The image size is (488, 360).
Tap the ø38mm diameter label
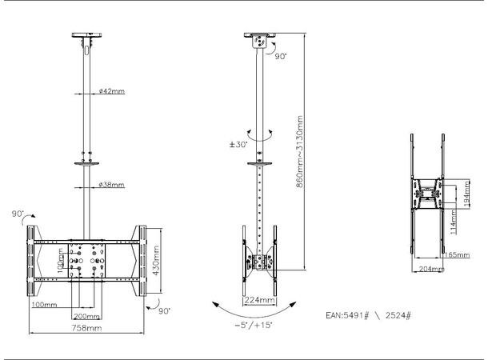tap(111, 185)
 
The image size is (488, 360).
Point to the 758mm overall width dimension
tap(87, 328)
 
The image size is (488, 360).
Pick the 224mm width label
tap(258, 300)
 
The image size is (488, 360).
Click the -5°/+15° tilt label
tap(254, 327)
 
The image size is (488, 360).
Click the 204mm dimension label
tap(432, 269)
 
